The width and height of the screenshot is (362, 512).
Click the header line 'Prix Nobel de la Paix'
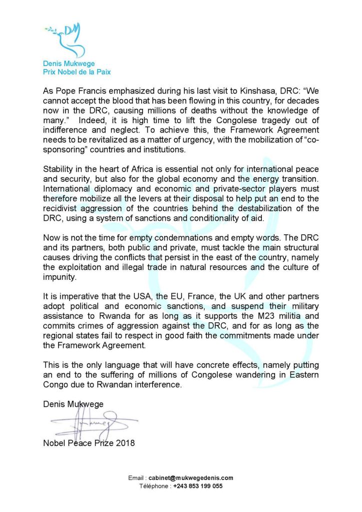point(76,72)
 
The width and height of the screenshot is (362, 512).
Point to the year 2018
point(125,443)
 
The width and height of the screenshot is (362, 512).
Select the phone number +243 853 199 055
point(198,486)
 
